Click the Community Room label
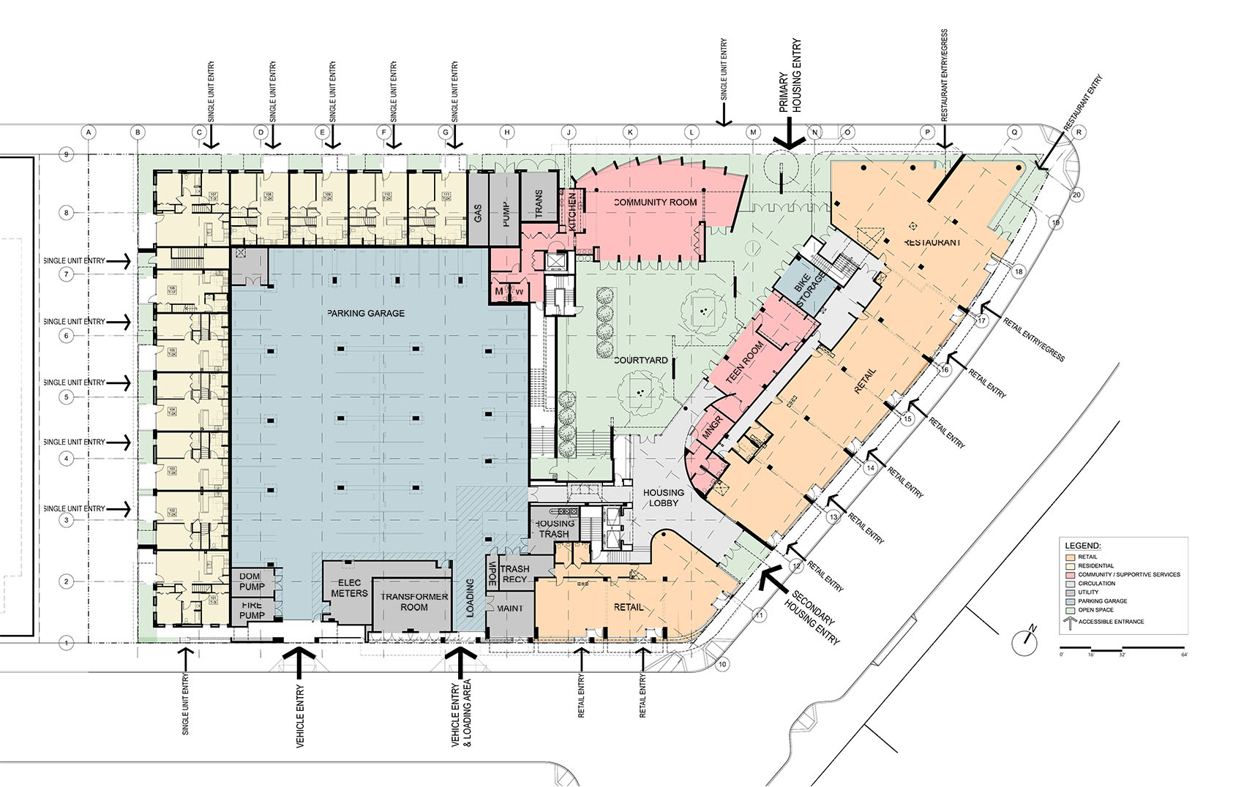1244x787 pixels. [x=655, y=202]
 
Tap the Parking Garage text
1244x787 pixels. [x=366, y=313]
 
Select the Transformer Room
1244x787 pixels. [x=414, y=602]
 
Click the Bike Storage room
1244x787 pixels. [x=811, y=290]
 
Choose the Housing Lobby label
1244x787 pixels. [x=664, y=497]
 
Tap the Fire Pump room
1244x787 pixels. [x=252, y=610]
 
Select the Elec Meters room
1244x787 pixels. [x=349, y=588]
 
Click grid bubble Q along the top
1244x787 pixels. [x=1014, y=132]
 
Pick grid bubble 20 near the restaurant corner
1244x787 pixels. [x=1076, y=195]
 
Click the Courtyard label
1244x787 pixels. [x=640, y=360]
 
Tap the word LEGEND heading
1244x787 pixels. [x=1082, y=546]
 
